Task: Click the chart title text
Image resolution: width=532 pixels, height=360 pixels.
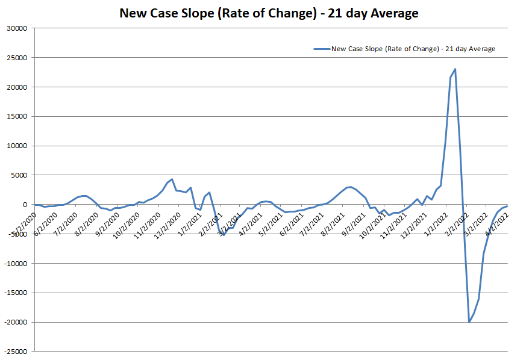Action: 269,13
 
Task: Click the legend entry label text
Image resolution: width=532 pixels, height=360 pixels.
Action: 413,49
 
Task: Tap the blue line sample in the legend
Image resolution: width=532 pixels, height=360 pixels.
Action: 322,49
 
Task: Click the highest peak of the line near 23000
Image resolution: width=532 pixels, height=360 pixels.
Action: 455,69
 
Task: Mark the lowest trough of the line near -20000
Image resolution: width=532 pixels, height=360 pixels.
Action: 469,322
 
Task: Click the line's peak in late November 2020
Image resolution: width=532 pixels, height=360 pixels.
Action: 172,179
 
